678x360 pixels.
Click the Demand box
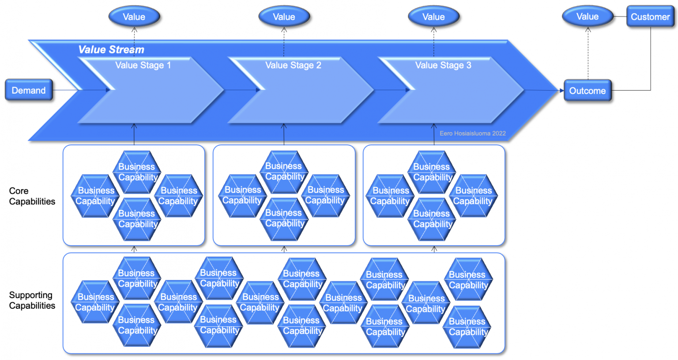pyautogui.click(x=29, y=90)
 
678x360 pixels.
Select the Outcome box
pyautogui.click(x=588, y=91)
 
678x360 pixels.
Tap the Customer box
pyautogui.click(x=650, y=17)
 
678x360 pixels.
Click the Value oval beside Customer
pyautogui.click(x=588, y=17)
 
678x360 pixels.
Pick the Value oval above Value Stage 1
pyautogui.click(x=134, y=17)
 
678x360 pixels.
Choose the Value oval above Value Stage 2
pyautogui.click(x=284, y=17)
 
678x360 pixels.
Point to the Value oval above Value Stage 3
pyautogui.click(x=433, y=17)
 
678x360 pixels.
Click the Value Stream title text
pyautogui.click(x=111, y=49)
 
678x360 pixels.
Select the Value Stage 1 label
pyautogui.click(x=143, y=65)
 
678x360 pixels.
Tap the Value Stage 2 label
pyautogui.click(x=293, y=65)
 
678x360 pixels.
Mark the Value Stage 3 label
pyautogui.click(x=443, y=65)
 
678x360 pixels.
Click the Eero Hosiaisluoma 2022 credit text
pyautogui.click(x=472, y=133)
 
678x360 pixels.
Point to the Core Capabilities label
pyautogui.click(x=32, y=196)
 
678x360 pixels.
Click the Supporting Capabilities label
pyautogui.click(x=32, y=300)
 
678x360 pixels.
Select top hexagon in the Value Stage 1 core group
pyautogui.click(x=137, y=172)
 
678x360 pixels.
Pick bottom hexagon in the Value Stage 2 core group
pyautogui.click(x=284, y=219)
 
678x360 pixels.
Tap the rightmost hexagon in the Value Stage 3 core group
pyautogui.click(x=473, y=196)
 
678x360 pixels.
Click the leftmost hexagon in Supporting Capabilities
pyautogui.click(x=95, y=302)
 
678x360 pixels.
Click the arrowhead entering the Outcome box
pyautogui.click(x=561, y=91)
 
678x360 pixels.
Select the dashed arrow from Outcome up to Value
pyautogui.click(x=588, y=53)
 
